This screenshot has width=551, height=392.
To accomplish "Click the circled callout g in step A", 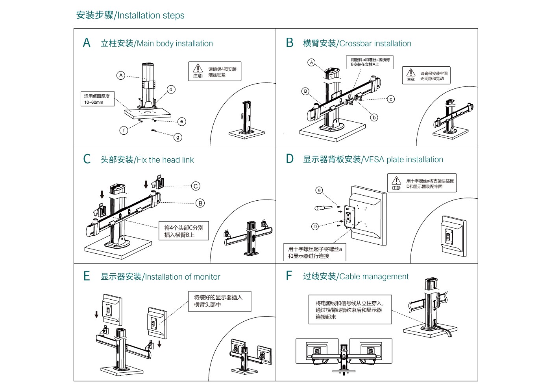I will tap(178, 137).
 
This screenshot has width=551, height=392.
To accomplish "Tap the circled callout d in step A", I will tap(171, 90).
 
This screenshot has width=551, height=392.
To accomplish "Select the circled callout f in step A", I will tap(124, 130).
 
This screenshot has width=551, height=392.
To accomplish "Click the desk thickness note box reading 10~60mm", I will tap(98, 99).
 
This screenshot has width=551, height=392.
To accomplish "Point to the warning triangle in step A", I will tap(198, 68).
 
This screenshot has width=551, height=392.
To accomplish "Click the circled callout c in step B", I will tap(391, 99).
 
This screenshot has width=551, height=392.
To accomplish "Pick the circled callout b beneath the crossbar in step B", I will tap(374, 117).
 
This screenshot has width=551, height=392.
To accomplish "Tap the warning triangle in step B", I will tap(411, 73).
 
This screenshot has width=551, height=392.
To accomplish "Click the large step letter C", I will tap(87, 159).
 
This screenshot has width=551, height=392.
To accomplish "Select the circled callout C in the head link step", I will tap(196, 186).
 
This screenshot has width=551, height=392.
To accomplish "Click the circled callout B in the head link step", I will tap(200, 203).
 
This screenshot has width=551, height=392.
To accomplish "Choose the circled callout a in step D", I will tap(319, 190).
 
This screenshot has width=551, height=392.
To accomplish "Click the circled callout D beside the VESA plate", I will tap(315, 226).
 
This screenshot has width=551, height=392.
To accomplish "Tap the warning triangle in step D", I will tap(396, 180).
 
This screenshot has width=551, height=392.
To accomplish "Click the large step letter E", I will tap(87, 276).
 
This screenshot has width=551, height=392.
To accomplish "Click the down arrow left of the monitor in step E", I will tap(96, 314).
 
